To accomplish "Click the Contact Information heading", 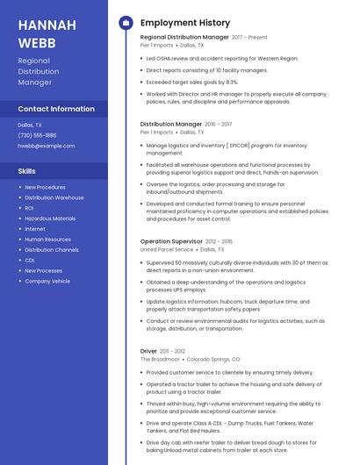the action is point(56,109).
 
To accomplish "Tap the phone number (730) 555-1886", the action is point(37,135).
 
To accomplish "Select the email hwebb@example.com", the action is point(46,146).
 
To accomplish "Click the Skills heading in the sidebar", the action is point(27,171).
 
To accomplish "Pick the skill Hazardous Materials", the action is point(50,218).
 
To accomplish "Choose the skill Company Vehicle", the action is point(47,281).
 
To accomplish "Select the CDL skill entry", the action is point(30,260).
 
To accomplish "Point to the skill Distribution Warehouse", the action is point(54,197).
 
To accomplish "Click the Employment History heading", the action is point(185,23).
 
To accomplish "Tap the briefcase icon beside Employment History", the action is point(126,23).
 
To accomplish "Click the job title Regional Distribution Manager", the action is point(184,38).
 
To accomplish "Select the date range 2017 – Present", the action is point(249,38).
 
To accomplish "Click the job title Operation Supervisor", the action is point(171,241).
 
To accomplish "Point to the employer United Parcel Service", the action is point(168,250).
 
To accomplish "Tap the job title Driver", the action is point(148,351).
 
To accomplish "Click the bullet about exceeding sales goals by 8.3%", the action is point(191,82).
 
